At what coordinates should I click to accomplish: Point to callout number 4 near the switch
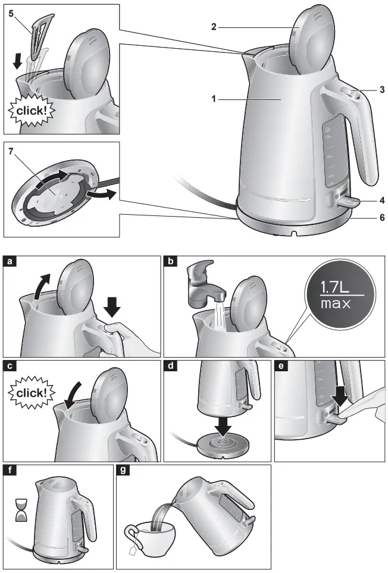381,199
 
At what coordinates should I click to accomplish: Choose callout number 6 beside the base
381,218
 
